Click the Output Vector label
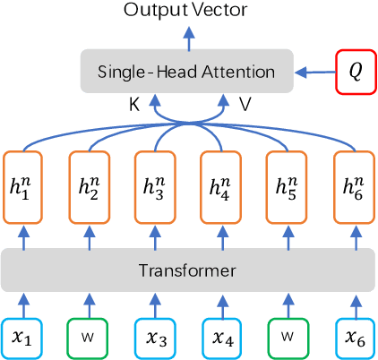pos(187,11)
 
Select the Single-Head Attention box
pos(187,71)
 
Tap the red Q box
pos(355,71)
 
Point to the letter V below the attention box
pos(245,105)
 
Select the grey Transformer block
pos(187,270)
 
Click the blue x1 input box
pos(23,339)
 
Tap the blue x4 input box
pos(220,339)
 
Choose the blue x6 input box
pos(352,339)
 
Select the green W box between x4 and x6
pos(286,339)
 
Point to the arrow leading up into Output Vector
pos(187,36)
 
